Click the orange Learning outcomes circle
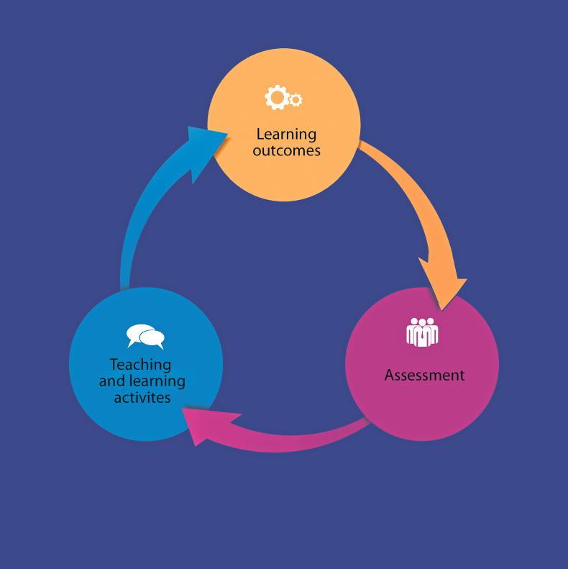click(x=284, y=173)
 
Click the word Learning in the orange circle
click(x=286, y=134)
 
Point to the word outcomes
click(x=286, y=150)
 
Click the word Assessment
click(x=424, y=375)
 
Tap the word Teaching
click(x=140, y=364)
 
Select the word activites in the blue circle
click(x=142, y=397)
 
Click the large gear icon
click(x=276, y=97)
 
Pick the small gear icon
click(x=295, y=100)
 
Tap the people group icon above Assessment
click(x=422, y=332)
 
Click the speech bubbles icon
click(x=145, y=336)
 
